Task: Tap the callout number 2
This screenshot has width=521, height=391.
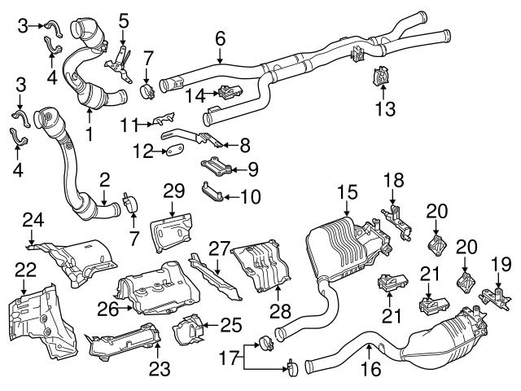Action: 105,178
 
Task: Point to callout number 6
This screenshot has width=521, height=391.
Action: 220,37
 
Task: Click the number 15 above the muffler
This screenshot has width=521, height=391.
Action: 348,193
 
